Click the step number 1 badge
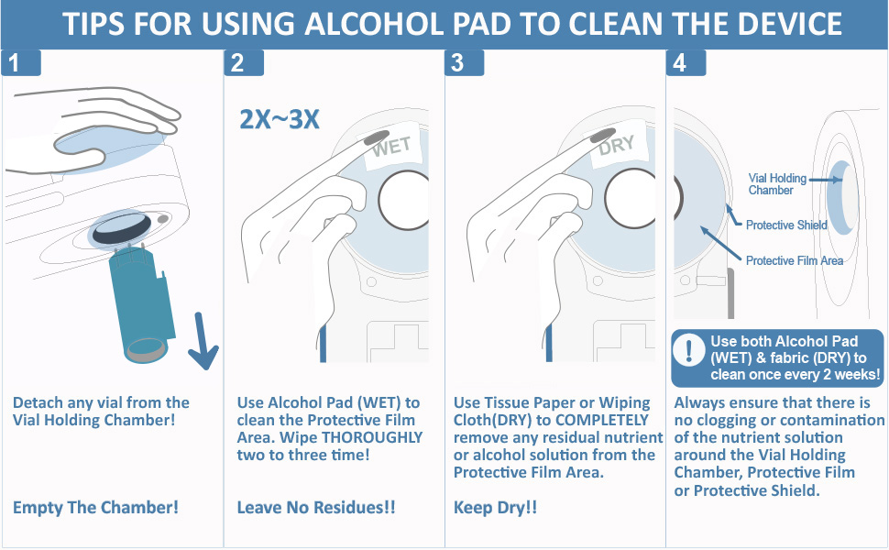tap(21, 63)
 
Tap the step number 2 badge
tap(244, 63)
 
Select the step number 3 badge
tap(465, 63)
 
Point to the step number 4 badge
tap(686, 63)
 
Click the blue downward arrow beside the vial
tap(203, 341)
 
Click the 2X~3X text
tap(280, 119)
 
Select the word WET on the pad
tap(391, 147)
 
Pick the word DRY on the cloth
tap(616, 146)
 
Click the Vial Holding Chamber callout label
tap(777, 184)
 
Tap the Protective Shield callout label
tap(786, 225)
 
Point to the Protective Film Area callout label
tap(795, 261)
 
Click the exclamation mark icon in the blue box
tap(689, 350)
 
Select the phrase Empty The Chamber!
tap(96, 507)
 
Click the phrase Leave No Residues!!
tap(316, 507)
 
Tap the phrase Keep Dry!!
tap(495, 507)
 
